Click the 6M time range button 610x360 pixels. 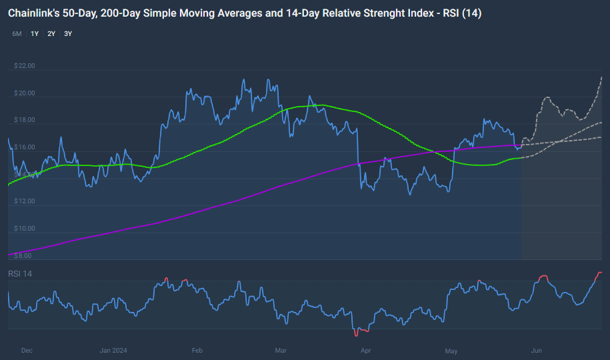(x=17, y=33)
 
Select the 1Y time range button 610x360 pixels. (x=34, y=33)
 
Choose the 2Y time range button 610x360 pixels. (x=51, y=33)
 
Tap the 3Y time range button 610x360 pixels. (x=68, y=33)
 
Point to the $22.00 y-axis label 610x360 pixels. (x=25, y=66)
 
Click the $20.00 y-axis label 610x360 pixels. (x=25, y=93)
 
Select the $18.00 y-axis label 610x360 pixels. (x=25, y=120)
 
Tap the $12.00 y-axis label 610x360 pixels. (x=25, y=201)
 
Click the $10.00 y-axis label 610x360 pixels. (x=25, y=229)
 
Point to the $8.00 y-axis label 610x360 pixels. (x=23, y=255)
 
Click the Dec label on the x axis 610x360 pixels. (x=27, y=350)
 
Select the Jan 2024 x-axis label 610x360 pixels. (x=115, y=350)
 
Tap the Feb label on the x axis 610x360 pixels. (x=197, y=350)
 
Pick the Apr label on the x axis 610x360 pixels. (x=365, y=350)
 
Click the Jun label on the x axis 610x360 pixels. (x=536, y=350)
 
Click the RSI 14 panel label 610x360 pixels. (x=20, y=274)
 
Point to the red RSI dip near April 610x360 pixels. (x=361, y=331)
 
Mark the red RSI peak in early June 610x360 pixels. (x=544, y=275)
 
